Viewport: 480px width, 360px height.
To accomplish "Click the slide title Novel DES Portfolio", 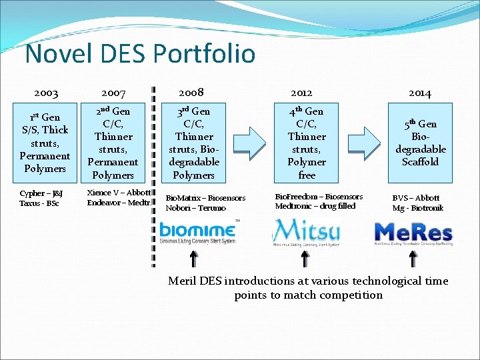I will point(140,53).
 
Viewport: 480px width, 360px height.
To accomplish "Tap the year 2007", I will point(113,94).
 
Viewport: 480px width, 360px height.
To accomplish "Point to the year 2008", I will point(191,93).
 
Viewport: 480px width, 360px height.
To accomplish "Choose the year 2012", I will point(301,94).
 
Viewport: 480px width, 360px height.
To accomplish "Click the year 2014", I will point(420,94).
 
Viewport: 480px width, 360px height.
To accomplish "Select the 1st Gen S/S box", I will point(45,143).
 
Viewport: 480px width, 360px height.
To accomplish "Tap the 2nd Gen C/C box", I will point(113,143).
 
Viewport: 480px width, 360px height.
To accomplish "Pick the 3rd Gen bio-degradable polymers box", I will point(193,143).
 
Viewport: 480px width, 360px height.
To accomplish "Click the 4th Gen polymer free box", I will point(307,143).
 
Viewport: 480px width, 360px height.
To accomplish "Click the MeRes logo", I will point(413,234).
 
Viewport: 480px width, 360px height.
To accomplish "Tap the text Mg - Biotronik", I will point(418,208).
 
